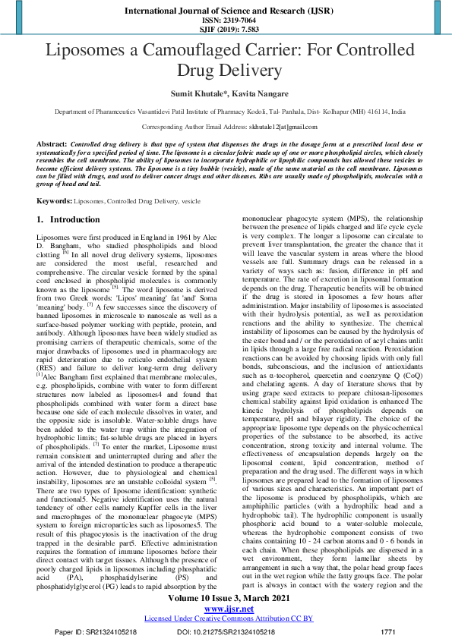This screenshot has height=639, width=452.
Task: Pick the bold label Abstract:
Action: point(51,143)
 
